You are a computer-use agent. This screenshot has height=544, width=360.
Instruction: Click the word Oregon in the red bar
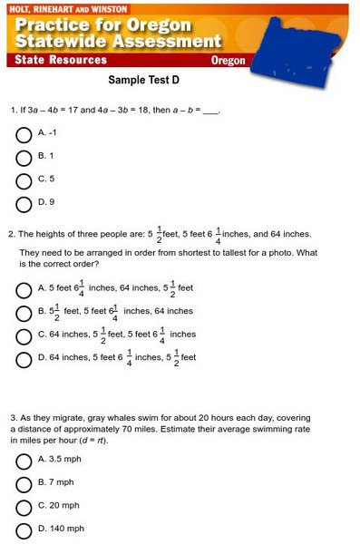[x=228, y=61]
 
